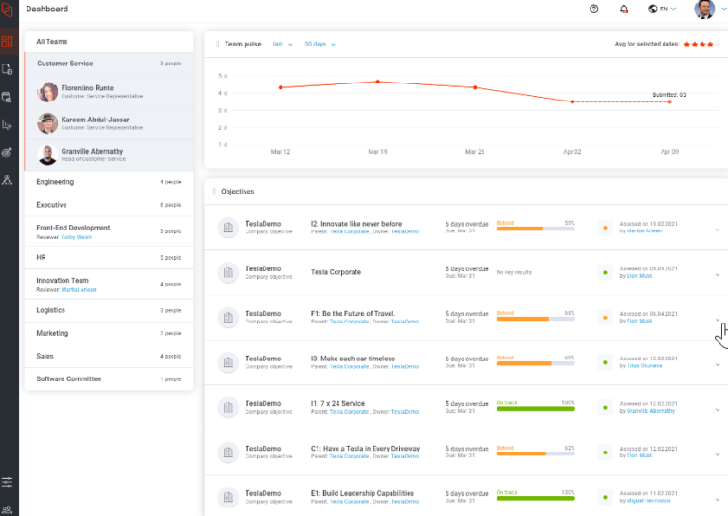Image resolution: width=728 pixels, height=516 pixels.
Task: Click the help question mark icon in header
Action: coord(594,9)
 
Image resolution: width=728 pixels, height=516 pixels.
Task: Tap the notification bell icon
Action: coord(624,9)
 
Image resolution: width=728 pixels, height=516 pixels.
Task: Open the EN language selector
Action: coord(663,9)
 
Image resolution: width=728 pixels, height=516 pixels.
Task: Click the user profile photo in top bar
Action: coord(704,9)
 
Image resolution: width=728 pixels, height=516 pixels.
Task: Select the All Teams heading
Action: coord(52,42)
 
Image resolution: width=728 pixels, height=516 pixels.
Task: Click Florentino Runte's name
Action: coord(87,88)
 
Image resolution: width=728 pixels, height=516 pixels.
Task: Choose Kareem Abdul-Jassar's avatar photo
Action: coord(47,123)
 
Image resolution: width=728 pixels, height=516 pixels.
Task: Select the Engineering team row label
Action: coord(55,182)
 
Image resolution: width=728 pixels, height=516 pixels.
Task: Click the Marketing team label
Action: coord(52,334)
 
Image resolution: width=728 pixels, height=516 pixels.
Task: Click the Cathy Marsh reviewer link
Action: coord(77,237)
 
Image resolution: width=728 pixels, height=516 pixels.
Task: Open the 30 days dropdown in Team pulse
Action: coord(319,44)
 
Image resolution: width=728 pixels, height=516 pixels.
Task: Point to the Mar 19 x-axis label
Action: coord(378,152)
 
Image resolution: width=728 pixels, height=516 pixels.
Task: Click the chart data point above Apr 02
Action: coord(573,101)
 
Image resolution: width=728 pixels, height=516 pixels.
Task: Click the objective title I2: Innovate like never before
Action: coord(355,224)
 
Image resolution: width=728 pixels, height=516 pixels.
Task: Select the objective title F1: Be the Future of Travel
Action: coord(353,313)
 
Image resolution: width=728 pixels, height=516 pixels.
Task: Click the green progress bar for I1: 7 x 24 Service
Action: coord(536,409)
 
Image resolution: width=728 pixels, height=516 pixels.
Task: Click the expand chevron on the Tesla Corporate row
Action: coord(717,274)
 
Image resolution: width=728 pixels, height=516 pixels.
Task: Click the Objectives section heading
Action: coord(238,192)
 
